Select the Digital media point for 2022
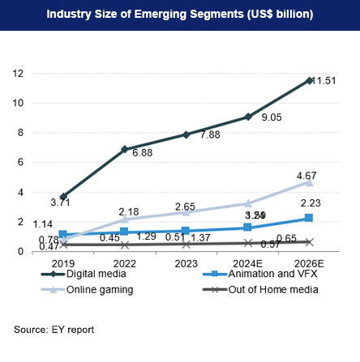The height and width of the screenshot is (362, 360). click(124, 149)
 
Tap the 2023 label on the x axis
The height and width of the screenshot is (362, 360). click(186, 263)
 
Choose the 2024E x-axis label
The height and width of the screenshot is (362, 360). click(248, 263)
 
